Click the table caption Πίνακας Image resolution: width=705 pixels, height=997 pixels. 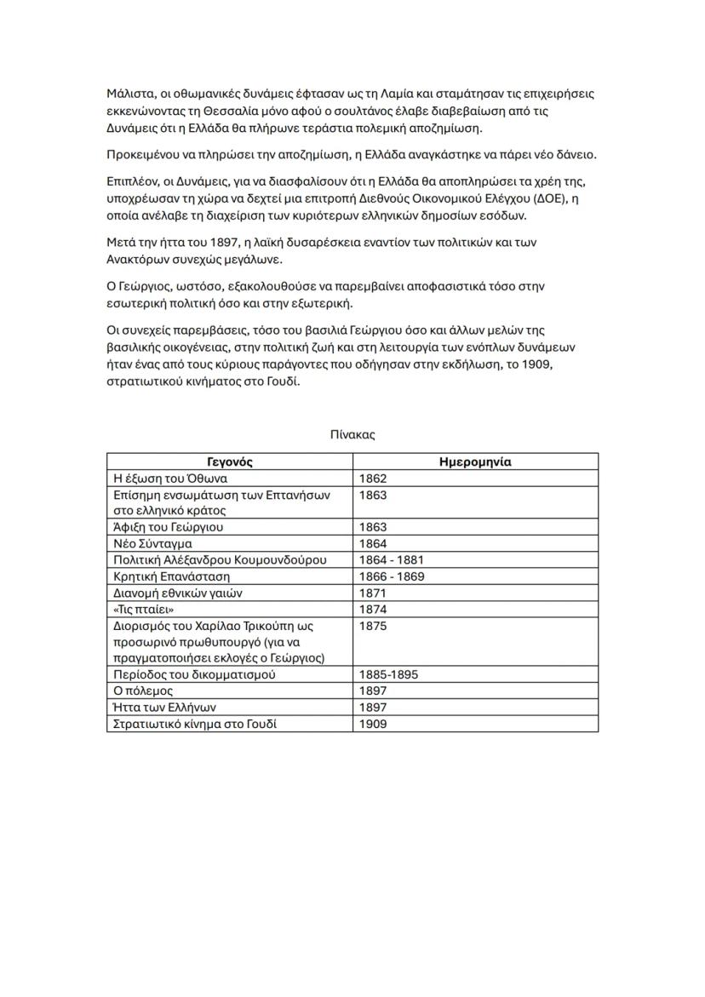click(x=352, y=434)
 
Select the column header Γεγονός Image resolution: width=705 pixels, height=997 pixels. click(x=229, y=462)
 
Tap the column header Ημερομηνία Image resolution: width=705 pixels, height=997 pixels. click(x=475, y=462)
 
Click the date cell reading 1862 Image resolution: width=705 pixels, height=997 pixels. click(x=373, y=478)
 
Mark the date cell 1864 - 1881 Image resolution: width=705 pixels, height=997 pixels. click(x=392, y=559)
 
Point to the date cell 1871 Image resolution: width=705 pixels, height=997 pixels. click(x=373, y=593)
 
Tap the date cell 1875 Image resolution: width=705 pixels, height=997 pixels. click(x=373, y=625)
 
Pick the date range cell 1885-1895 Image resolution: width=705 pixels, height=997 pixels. click(x=389, y=674)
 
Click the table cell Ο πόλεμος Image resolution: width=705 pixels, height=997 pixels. click(x=143, y=690)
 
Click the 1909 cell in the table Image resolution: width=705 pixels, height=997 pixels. click(x=373, y=724)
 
